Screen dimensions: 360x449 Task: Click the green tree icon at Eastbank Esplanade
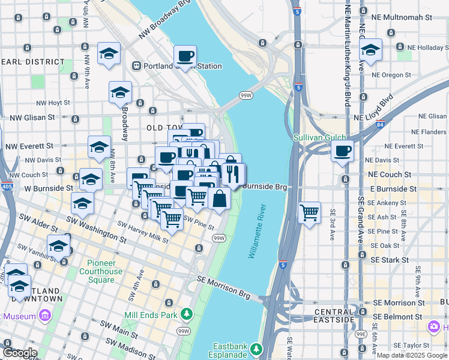point(256,349)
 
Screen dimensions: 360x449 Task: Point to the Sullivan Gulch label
point(320,137)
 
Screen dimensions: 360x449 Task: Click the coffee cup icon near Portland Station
point(185,56)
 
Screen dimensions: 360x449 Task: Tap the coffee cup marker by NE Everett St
point(342,151)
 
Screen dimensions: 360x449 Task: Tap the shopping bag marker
point(220,199)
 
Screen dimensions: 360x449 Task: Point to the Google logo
point(20,353)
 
